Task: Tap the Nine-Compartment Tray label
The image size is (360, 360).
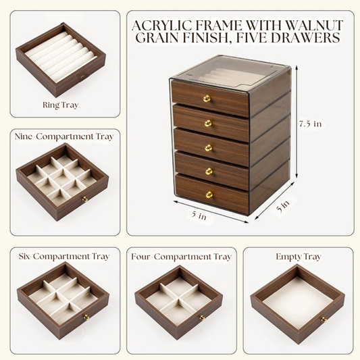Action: pos(63,136)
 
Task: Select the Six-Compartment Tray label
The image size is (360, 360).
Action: pos(63,257)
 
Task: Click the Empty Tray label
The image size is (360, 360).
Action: pos(298,257)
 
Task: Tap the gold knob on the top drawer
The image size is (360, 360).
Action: pos(207,99)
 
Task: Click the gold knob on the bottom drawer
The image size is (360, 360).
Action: pos(209,195)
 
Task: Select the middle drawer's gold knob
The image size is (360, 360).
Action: pos(208,147)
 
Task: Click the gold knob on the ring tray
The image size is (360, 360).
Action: pos(82,78)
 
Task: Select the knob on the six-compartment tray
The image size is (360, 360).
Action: pos(86,317)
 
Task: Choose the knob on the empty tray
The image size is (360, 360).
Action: pos(324,319)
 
